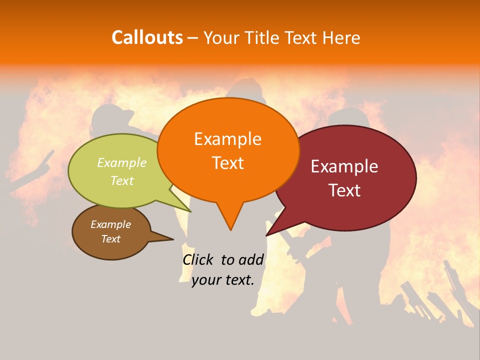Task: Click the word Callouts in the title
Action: [147, 37]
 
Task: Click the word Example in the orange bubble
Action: [227, 139]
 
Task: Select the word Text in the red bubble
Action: [344, 190]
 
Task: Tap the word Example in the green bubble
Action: [122, 162]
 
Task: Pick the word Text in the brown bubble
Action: [110, 239]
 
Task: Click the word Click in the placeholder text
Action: [198, 259]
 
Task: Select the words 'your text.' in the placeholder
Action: [223, 280]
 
